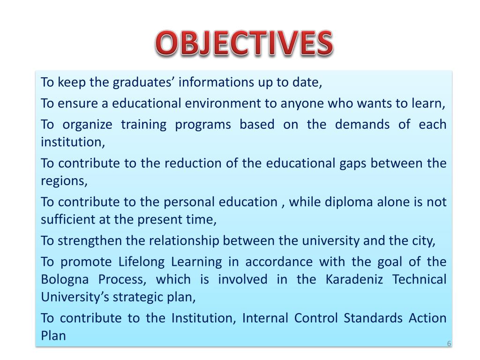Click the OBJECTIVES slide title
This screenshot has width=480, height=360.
click(x=244, y=45)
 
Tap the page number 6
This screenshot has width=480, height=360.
click(x=449, y=344)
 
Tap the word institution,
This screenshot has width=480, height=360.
click(x=73, y=142)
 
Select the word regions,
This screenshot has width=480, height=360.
click(x=64, y=180)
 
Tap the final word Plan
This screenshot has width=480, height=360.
click(x=53, y=336)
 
